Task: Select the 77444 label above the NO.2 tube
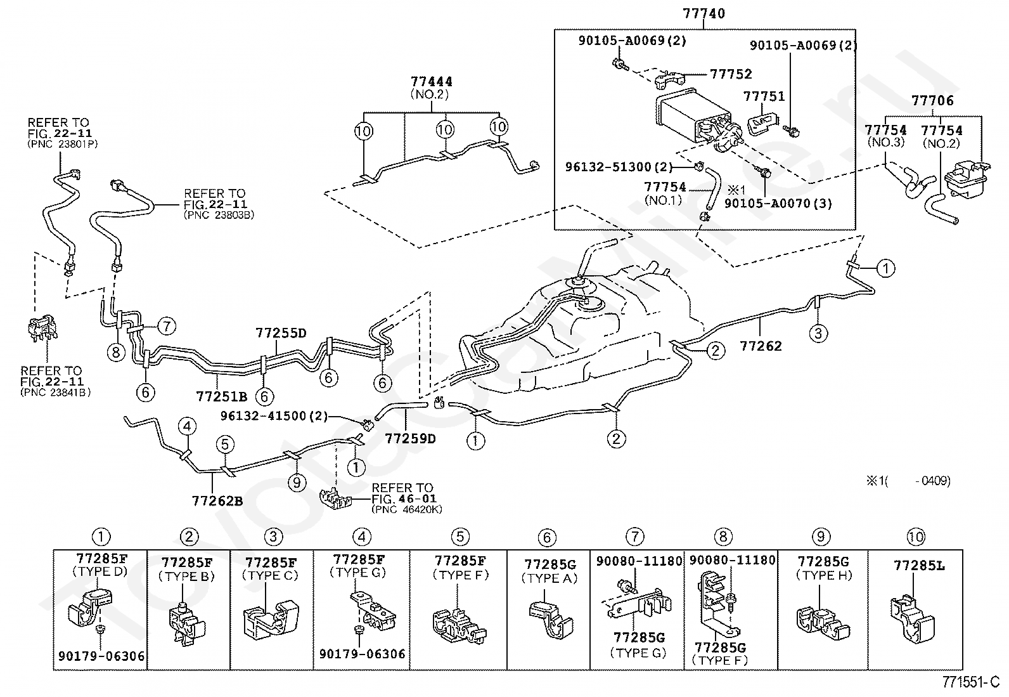[x=432, y=81]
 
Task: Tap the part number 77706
[x=932, y=100]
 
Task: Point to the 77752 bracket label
[x=730, y=74]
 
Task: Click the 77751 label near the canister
[x=764, y=96]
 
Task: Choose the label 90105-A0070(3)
[x=778, y=204]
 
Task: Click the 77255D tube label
[x=281, y=333]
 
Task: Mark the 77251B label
[x=221, y=397]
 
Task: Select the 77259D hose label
[x=411, y=438]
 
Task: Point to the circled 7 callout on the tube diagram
[x=165, y=327]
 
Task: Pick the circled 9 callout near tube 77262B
[x=297, y=483]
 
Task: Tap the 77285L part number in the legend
[x=918, y=565]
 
